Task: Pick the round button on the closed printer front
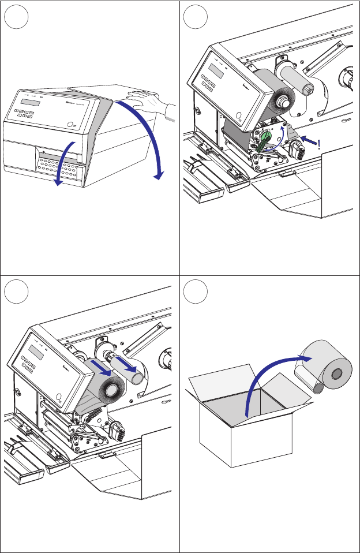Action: tap(70, 124)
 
